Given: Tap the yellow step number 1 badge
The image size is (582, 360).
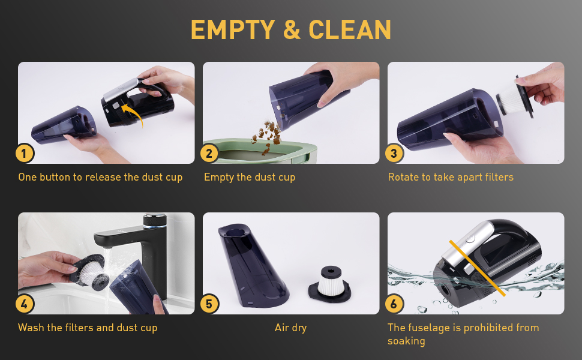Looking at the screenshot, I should click(25, 154).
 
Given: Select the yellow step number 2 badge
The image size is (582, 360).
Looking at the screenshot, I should click(209, 154).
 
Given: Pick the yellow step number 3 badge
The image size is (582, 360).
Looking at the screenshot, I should click(394, 154).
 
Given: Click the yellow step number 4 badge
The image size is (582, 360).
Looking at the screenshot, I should click(25, 304).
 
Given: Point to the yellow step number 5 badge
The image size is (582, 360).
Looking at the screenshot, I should click(209, 304).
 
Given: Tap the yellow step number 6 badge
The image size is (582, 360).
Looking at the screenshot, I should click(394, 304).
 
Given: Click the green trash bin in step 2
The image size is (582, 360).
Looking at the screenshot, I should click(264, 154).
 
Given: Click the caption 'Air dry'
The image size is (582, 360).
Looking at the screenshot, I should click(291, 328).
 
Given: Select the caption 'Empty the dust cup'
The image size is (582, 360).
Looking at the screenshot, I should click(250, 177).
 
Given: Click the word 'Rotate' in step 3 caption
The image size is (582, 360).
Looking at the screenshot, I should click(404, 177).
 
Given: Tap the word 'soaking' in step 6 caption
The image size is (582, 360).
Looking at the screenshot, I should click(406, 341).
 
